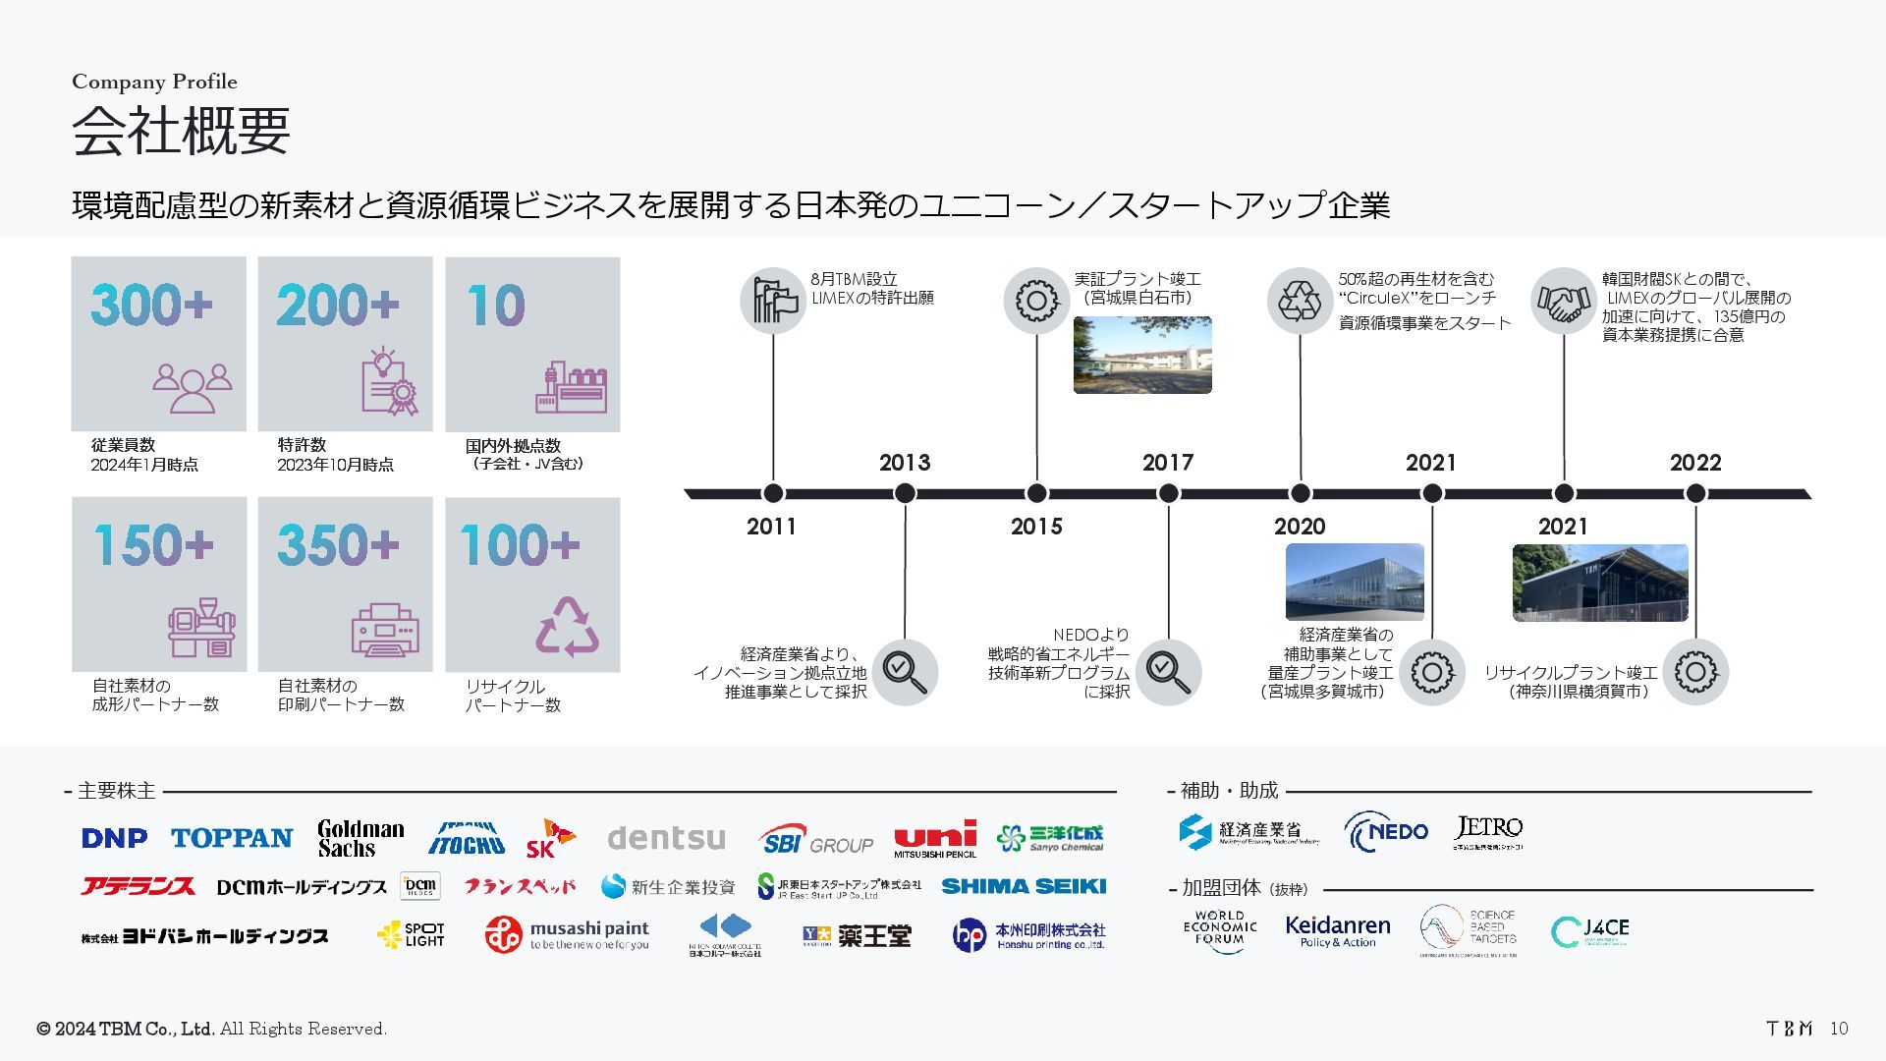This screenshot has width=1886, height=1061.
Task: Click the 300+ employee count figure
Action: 151,305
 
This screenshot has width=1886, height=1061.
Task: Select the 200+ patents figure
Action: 337,305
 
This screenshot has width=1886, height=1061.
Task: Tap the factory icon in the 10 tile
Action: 571,387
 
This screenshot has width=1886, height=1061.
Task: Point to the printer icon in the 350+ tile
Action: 385,630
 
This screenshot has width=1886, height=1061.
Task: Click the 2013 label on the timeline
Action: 904,463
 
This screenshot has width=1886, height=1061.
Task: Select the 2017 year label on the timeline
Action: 1167,463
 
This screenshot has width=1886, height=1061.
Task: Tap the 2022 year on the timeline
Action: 1694,463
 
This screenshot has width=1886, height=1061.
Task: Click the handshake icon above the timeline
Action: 1563,302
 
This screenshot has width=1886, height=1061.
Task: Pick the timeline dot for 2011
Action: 772,493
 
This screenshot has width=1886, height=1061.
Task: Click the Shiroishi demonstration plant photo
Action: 1141,355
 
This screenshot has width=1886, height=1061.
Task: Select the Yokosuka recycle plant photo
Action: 1599,583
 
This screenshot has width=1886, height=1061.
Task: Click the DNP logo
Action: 115,838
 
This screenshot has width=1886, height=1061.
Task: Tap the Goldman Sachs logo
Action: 361,838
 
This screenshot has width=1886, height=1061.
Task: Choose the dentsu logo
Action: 666,838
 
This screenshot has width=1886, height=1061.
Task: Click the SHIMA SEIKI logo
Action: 1023,886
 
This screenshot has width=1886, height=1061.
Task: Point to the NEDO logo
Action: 1386,832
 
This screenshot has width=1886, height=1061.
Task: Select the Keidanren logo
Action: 1337,930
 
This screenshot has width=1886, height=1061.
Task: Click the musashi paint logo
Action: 567,934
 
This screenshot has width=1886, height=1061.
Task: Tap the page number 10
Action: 1839,1029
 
